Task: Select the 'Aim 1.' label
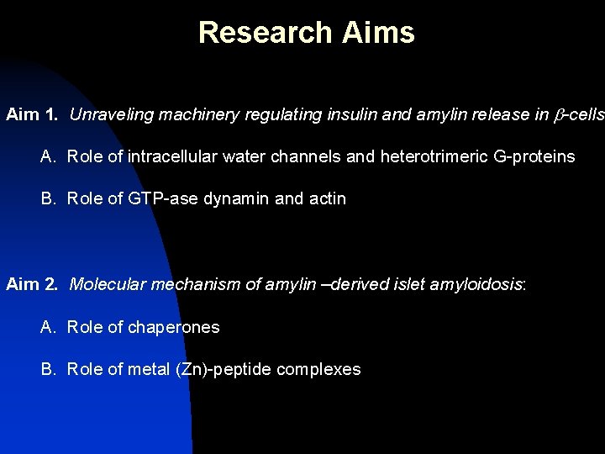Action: [33, 114]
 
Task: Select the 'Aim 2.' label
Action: [33, 284]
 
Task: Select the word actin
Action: [328, 199]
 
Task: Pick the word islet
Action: [408, 284]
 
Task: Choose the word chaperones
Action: [174, 327]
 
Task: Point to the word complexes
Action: [318, 370]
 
